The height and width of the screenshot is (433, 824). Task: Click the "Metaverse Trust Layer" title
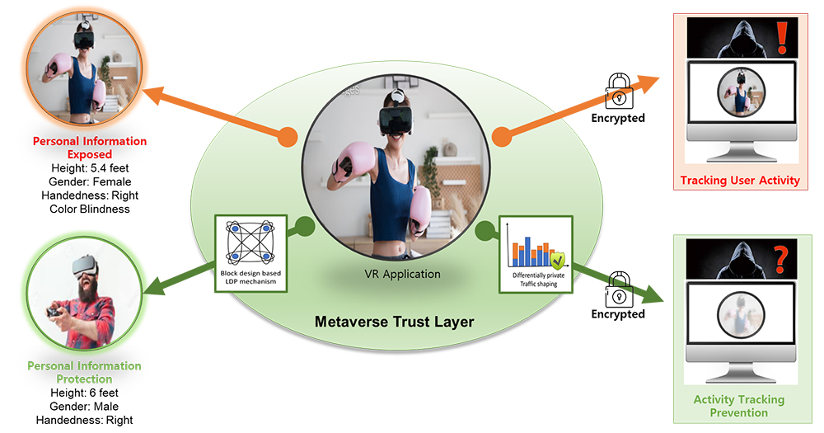pos(395,322)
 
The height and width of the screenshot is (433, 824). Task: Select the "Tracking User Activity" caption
pos(740,180)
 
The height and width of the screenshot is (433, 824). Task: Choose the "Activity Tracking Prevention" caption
pos(739,406)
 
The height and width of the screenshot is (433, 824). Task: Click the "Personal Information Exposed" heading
pos(90,148)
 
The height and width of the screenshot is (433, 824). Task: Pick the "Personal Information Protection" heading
pos(85,372)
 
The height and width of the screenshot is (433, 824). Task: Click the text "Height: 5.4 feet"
pos(91,168)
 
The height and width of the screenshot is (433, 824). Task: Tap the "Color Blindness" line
pos(91,209)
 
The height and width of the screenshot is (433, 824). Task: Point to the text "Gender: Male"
pos(85,407)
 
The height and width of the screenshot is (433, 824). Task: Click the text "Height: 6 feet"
pos(85,393)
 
